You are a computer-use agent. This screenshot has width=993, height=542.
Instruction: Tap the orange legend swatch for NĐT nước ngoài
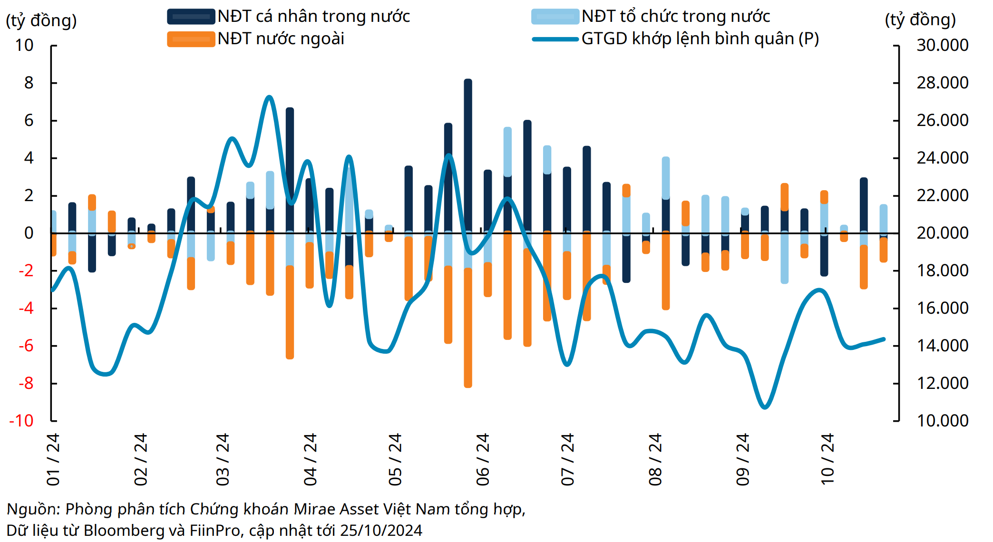point(191,39)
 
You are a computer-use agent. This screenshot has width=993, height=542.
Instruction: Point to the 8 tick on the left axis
point(29,83)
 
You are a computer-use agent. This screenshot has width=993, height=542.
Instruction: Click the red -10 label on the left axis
point(21,421)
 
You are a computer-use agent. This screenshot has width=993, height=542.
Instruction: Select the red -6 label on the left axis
point(26,346)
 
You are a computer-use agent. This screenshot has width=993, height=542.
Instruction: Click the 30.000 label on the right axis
point(942,45)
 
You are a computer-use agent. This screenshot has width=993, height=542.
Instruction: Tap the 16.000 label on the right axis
point(942,308)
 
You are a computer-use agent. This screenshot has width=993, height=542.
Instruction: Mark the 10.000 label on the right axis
point(942,421)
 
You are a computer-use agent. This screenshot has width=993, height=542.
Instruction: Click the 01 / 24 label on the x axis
point(53,459)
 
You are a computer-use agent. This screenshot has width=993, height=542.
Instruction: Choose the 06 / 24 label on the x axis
point(483,459)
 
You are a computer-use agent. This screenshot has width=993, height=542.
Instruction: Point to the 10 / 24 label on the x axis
point(828,459)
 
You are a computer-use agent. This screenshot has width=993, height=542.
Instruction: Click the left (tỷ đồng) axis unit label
point(41,20)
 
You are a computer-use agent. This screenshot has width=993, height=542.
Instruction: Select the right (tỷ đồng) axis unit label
point(920,19)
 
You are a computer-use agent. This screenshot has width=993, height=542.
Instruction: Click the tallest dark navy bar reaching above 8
point(468,143)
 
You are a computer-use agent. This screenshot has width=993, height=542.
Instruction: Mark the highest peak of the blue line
point(269,97)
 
